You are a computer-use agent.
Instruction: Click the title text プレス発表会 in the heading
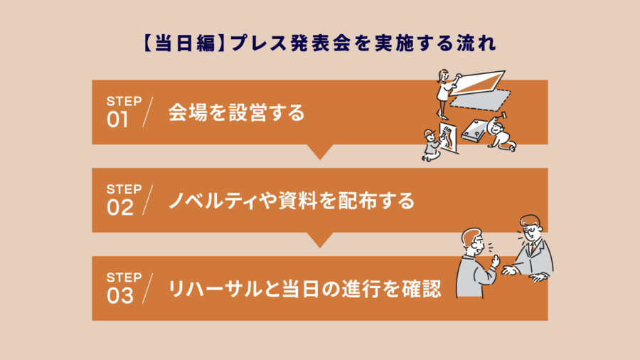tap(290, 43)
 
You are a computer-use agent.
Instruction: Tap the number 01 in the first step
tap(117, 120)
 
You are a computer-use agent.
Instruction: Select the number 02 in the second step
tap(120, 208)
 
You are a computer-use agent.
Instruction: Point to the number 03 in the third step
tap(120, 296)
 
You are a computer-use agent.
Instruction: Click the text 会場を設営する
tap(236, 112)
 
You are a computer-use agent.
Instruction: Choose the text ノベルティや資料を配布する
tap(292, 201)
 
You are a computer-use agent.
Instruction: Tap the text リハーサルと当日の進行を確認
tap(304, 289)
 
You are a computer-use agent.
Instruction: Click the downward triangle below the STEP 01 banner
tap(320, 152)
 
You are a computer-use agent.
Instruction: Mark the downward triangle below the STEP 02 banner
tap(320, 240)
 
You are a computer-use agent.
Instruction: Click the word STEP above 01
tap(124, 101)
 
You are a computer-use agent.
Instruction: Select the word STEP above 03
tap(124, 277)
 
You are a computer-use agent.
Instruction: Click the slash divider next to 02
tap(147, 200)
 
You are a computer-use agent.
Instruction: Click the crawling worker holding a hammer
tap(501, 134)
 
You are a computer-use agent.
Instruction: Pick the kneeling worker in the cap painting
tap(431, 145)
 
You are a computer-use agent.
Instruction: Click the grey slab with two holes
tap(474, 131)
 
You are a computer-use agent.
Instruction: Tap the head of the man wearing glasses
tap(530, 228)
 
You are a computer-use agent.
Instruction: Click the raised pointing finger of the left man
tap(495, 260)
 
